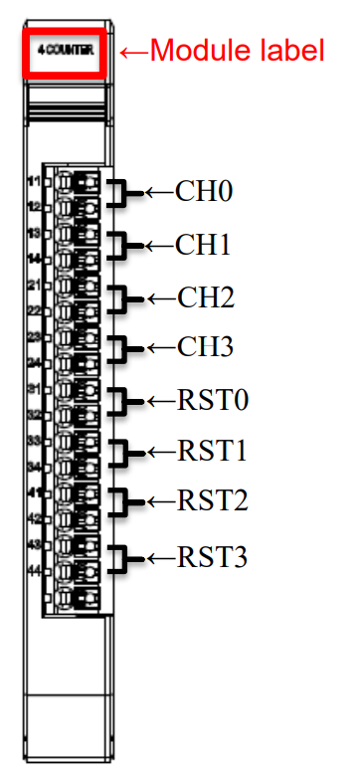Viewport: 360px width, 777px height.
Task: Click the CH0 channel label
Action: (204, 190)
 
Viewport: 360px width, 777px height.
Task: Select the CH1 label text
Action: (204, 244)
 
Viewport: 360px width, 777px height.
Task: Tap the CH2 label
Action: (204, 296)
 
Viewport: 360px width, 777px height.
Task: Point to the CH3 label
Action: (204, 348)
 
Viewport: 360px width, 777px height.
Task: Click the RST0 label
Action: (211, 401)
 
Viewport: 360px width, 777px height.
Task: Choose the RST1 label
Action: (211, 453)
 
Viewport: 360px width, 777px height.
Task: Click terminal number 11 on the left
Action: (33, 181)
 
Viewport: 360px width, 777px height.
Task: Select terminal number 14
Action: (33, 259)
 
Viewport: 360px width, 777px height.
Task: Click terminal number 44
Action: (33, 569)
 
